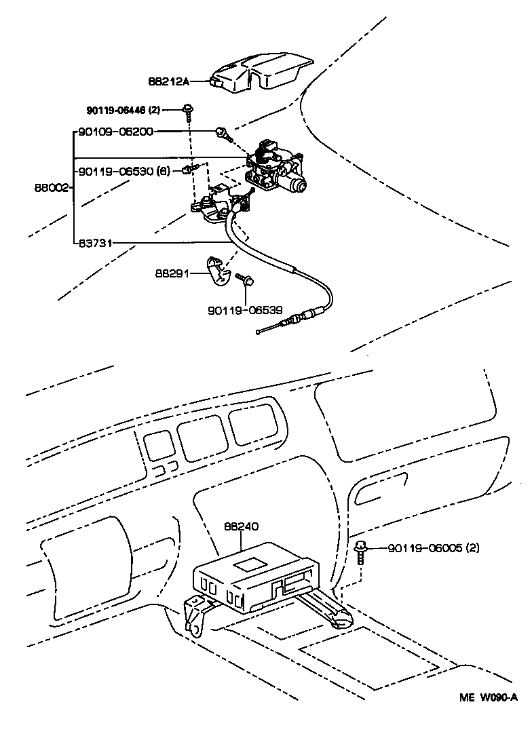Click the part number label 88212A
[168, 81]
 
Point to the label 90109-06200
[115, 132]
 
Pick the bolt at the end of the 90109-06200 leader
[222, 133]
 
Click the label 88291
[172, 274]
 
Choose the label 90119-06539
[244, 311]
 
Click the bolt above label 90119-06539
[245, 279]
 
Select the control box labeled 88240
[254, 573]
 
